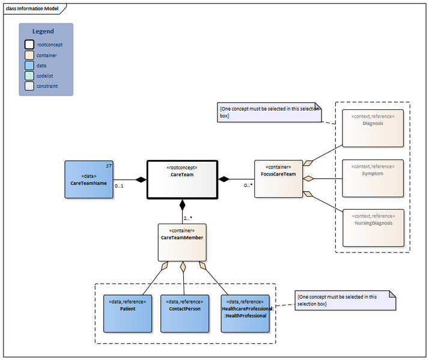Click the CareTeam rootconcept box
[x=182, y=179]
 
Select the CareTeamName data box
[x=88, y=179]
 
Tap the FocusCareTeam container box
[x=278, y=178]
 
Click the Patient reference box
[x=127, y=313]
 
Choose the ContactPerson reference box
[x=184, y=313]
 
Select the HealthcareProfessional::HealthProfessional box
[x=246, y=313]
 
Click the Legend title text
[x=43, y=31]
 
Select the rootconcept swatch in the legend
[x=29, y=44]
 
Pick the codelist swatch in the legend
[x=29, y=76]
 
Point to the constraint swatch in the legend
[x=29, y=86]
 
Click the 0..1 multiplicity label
[x=119, y=186]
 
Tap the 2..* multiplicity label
[x=188, y=218]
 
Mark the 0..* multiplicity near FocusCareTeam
[x=247, y=186]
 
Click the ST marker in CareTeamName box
[x=109, y=165]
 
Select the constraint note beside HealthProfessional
[x=345, y=301]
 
